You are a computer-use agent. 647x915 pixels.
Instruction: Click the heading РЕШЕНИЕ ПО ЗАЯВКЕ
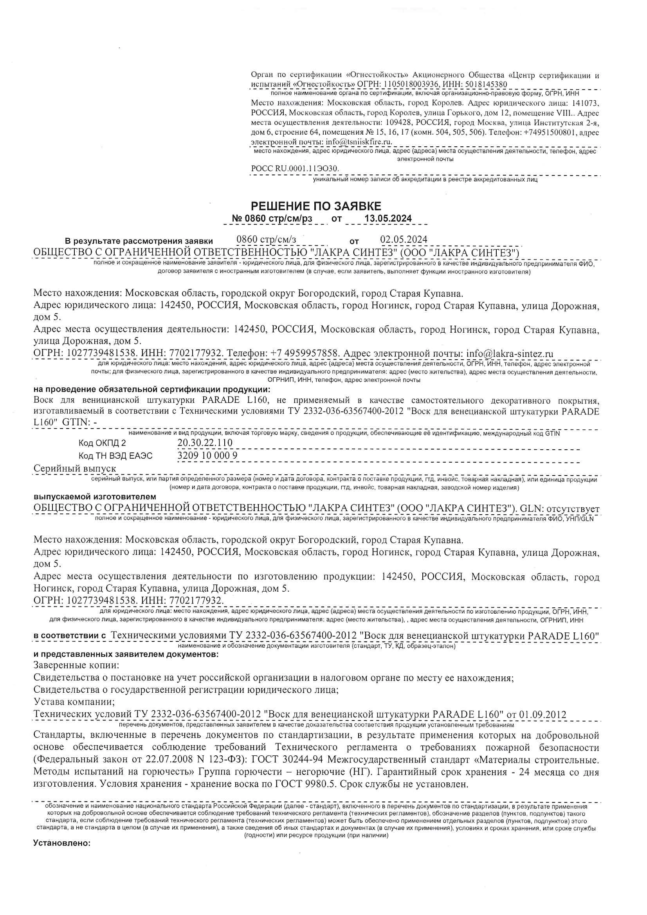316,206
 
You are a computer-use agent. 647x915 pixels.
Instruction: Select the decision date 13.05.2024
388,218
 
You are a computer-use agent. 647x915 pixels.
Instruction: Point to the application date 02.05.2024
404,240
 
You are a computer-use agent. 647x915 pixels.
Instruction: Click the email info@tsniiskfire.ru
359,141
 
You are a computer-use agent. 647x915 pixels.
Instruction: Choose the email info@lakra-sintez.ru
510,353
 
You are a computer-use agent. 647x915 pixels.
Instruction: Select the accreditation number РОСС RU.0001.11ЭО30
295,169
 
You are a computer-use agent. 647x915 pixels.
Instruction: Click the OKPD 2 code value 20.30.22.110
205,443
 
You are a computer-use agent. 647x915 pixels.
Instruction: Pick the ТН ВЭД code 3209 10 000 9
207,456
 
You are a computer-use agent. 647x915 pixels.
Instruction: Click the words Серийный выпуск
74,469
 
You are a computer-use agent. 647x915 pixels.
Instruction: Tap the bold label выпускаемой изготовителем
95,497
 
